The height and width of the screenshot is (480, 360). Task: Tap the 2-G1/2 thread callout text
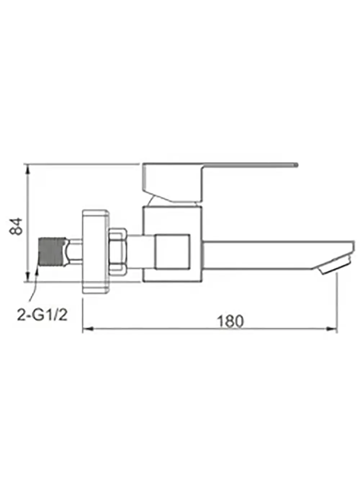tap(42, 315)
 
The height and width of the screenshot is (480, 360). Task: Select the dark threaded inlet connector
tap(52, 252)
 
